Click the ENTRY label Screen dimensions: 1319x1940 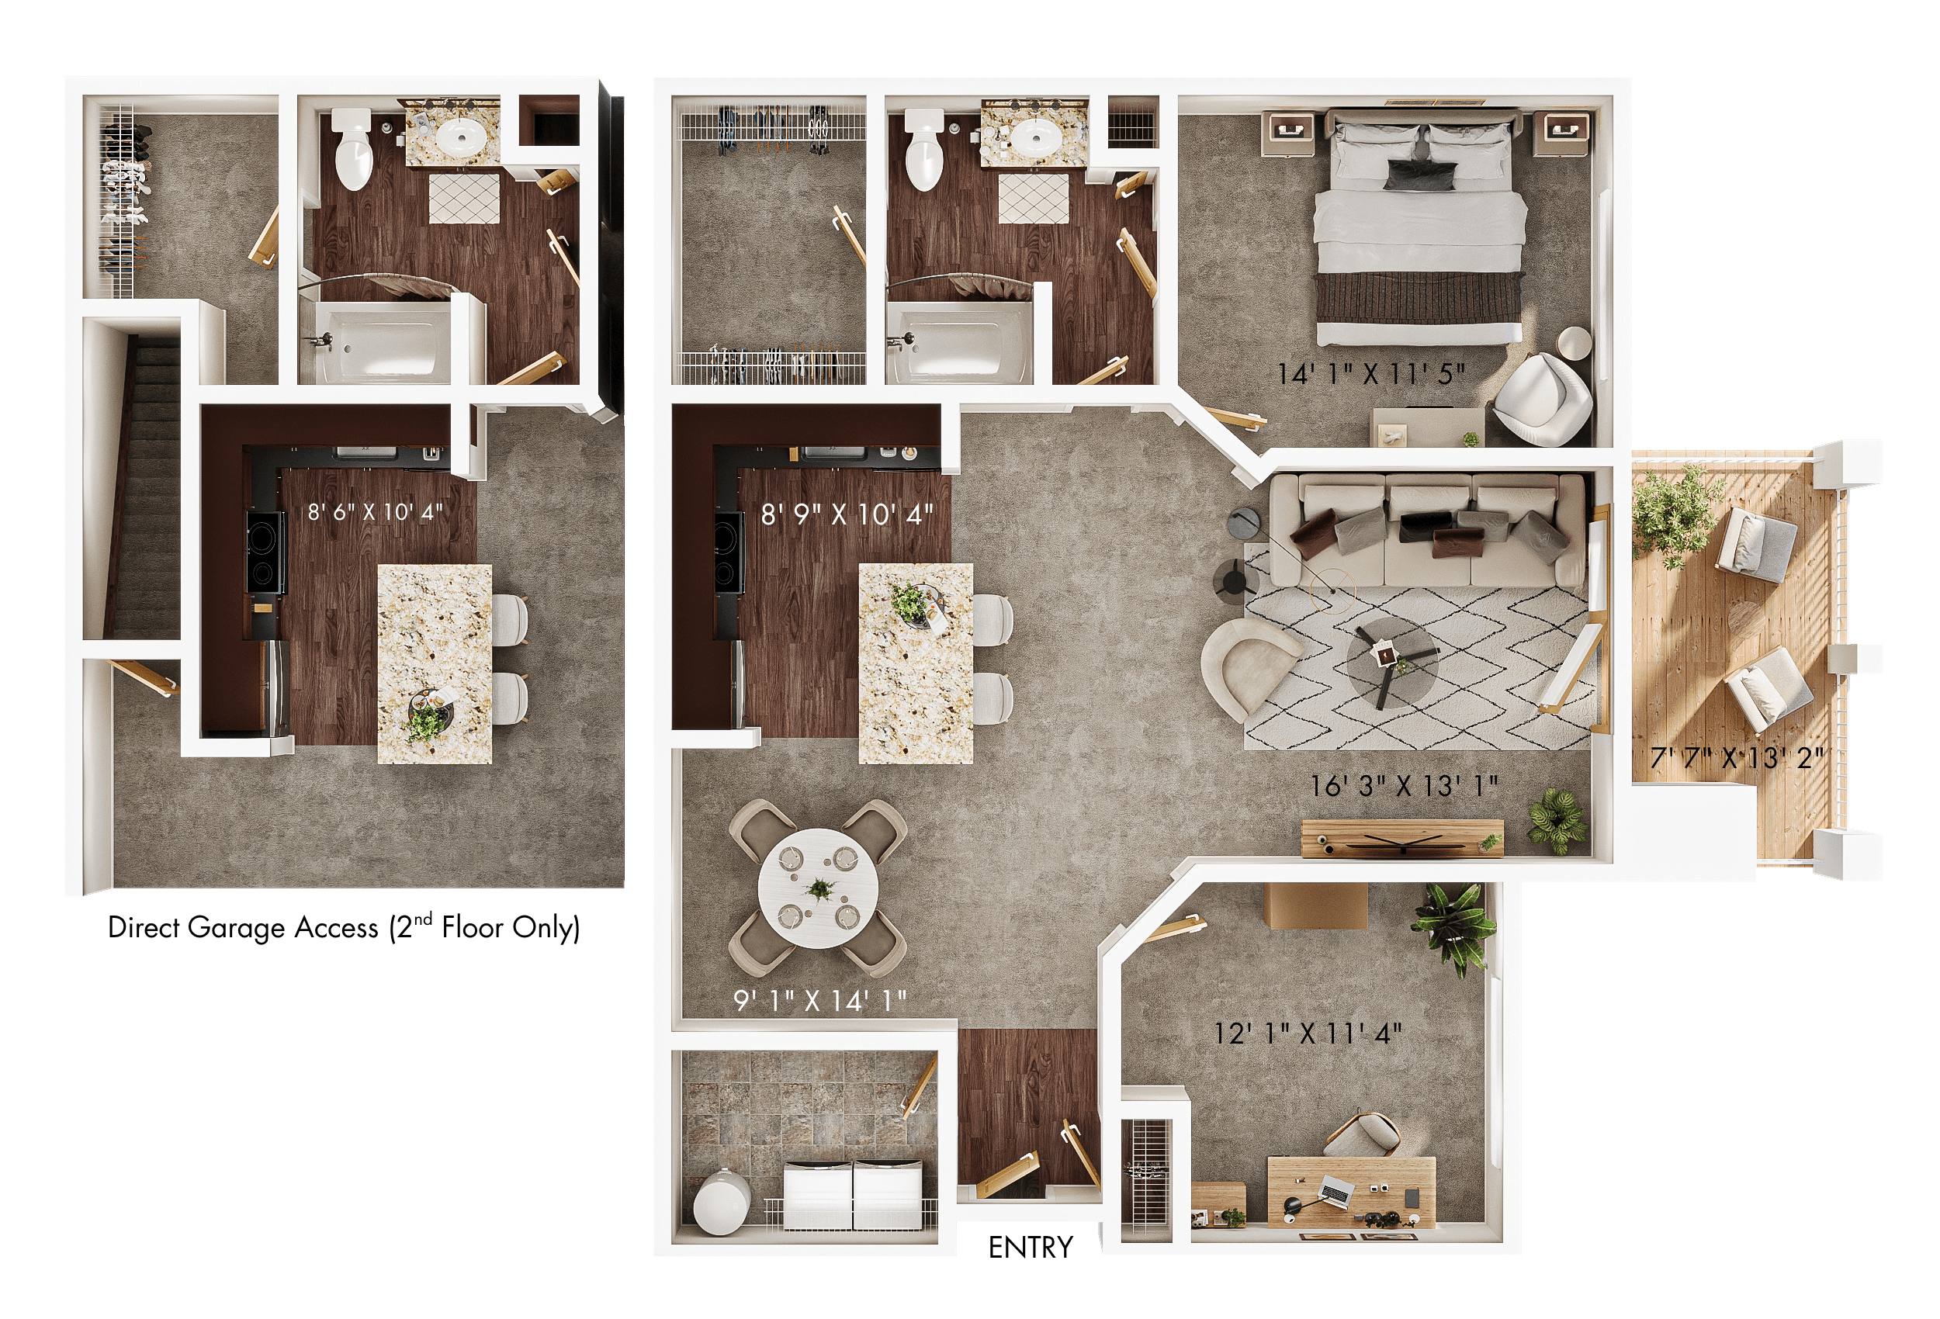[1030, 1247]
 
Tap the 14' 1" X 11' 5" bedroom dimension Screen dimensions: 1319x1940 [1370, 373]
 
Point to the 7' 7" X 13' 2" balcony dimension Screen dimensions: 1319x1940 [1737, 757]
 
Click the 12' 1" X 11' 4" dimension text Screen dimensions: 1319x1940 [1308, 1033]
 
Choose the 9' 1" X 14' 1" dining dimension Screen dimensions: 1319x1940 [819, 999]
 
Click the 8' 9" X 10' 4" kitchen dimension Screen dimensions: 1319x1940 [847, 514]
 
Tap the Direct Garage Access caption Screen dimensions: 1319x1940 [343, 927]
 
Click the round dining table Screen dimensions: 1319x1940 [818, 888]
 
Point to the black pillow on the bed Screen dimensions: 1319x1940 [1421, 174]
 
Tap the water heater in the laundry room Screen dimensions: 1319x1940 [720, 1201]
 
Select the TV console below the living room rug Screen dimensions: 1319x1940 [1401, 837]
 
